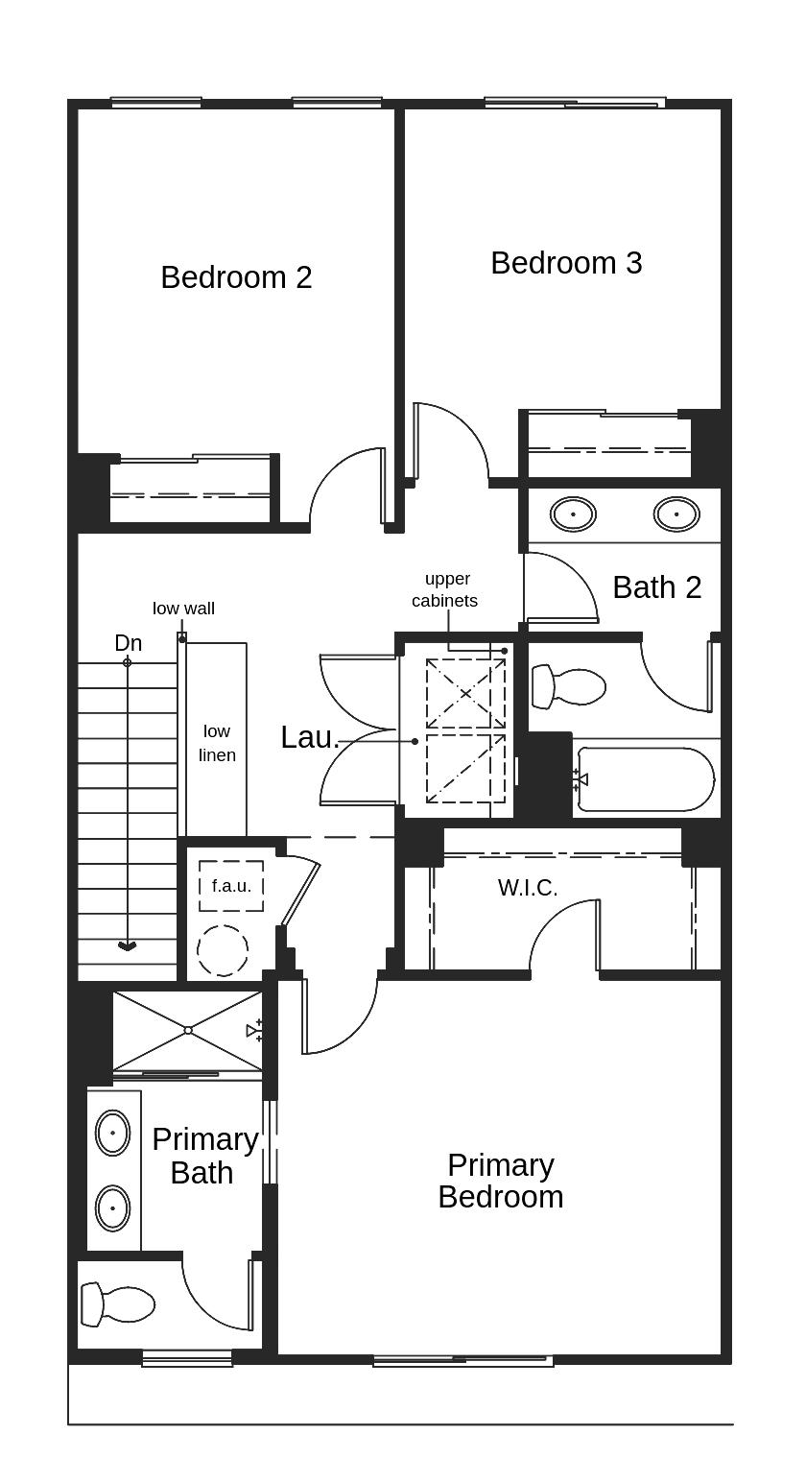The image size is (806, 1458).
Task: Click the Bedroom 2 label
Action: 236,277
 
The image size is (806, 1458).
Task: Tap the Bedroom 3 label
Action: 566,263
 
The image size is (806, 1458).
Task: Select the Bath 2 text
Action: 656,587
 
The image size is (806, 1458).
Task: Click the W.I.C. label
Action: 528,888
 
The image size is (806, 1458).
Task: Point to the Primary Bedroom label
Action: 500,1181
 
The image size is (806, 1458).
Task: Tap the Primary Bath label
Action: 204,1156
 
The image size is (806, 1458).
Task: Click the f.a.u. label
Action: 231,886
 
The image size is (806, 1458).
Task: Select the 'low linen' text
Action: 217,744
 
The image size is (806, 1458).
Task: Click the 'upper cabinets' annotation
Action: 445,589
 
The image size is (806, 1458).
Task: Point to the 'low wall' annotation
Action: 183,609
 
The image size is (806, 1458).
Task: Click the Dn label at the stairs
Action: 128,643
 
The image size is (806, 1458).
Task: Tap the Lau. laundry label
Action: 309,737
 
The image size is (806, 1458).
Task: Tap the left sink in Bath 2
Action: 573,514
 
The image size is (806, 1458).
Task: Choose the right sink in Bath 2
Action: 676,514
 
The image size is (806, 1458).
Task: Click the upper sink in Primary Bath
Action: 113,1133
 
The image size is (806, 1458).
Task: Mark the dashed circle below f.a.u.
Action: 223,950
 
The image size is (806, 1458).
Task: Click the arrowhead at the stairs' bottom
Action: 127,946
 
